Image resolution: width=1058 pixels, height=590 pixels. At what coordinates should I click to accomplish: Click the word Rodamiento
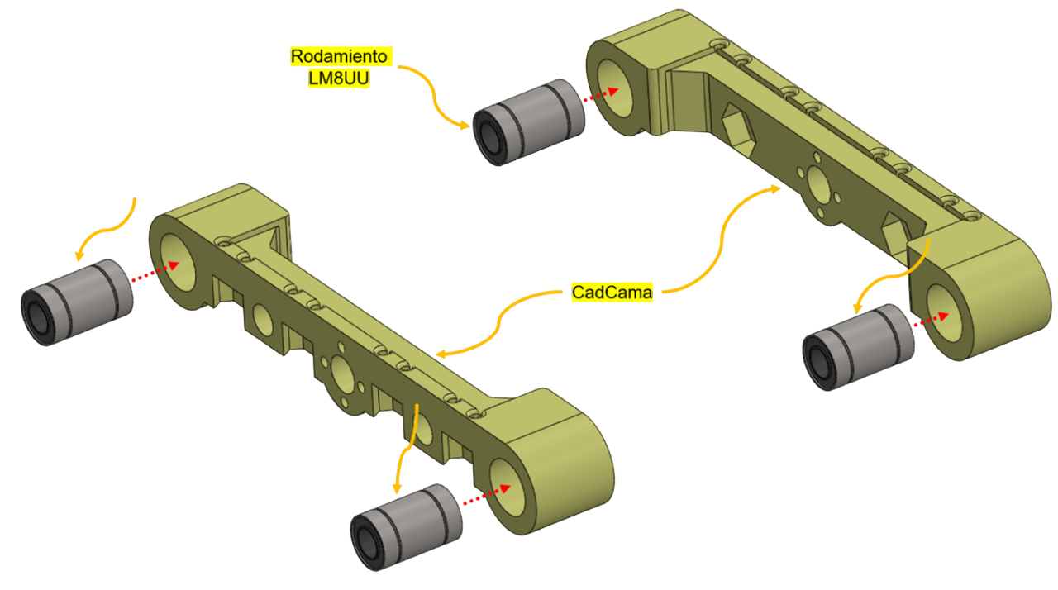(339, 56)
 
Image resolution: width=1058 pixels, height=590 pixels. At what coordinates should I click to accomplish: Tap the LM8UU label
(339, 78)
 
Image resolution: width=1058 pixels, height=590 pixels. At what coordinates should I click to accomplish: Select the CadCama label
(612, 293)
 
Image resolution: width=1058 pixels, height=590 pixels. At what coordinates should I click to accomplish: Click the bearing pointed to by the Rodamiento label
(528, 122)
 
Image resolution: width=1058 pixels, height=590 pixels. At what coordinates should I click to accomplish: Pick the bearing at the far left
(77, 302)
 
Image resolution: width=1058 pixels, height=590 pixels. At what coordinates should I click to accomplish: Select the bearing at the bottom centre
(406, 527)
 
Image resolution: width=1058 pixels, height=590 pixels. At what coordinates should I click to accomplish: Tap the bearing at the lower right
(858, 347)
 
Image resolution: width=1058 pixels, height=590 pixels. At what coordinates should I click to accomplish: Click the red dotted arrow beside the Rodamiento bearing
(601, 94)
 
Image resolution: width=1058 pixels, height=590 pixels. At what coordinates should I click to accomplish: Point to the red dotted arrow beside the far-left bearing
(155, 273)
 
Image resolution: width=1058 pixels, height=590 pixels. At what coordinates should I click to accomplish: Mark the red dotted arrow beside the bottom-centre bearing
(487, 495)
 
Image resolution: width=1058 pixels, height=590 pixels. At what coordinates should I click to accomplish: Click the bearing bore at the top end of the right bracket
(616, 88)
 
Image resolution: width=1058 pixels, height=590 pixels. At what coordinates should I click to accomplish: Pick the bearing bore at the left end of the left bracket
(178, 263)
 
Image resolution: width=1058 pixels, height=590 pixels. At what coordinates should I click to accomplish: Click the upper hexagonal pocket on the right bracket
(737, 124)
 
